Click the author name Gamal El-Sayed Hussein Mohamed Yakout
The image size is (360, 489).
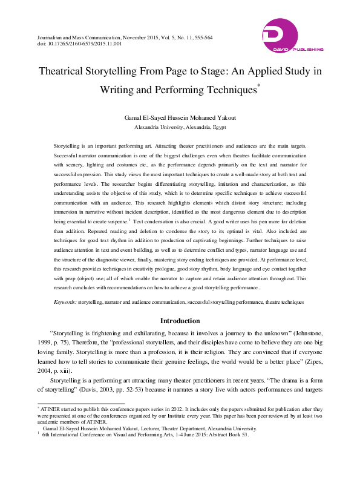tap(180, 119)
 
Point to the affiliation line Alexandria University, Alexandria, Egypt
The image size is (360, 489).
tap(180, 128)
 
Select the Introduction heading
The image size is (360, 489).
tap(180, 320)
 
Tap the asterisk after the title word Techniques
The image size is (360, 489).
tap(259, 86)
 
